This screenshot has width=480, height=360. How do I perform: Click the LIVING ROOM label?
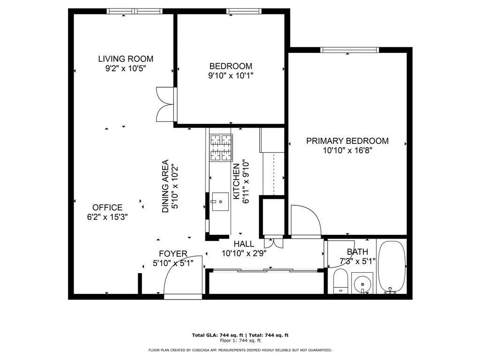126,59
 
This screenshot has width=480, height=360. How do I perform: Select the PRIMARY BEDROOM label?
347,141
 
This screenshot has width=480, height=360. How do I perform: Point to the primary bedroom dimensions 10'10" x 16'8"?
347,150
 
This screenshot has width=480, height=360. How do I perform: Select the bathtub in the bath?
392,267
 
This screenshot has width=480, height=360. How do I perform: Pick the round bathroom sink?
362,284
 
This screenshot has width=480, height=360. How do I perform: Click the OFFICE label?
107,207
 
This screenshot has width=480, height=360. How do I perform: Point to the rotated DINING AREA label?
165,187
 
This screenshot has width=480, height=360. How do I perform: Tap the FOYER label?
173,254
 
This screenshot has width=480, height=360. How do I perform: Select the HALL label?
244,244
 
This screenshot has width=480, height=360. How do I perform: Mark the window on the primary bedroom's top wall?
349,50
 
